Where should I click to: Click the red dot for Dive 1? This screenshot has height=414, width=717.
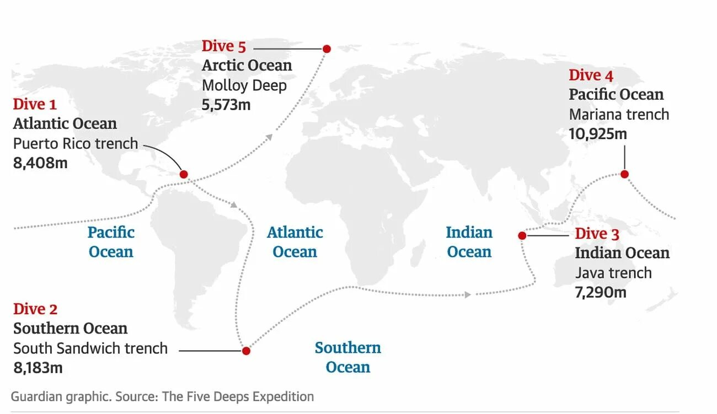(184, 174)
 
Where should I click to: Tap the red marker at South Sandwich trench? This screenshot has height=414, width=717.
(246, 351)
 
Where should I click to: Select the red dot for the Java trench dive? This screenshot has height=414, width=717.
(522, 235)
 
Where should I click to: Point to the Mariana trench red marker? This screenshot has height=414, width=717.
(624, 174)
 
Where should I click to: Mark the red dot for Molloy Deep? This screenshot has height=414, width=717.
(327, 49)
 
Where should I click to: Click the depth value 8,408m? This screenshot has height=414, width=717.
(40, 163)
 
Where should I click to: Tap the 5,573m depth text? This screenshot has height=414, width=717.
(226, 105)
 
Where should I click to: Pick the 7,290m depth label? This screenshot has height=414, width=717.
(601, 292)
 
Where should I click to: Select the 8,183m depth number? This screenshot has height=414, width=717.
(38, 368)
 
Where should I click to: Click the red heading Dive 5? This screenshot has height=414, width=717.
(223, 46)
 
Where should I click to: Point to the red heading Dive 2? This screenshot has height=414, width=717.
(35, 309)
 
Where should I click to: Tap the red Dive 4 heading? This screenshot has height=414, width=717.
(591, 75)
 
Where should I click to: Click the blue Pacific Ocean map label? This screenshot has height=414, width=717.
(111, 242)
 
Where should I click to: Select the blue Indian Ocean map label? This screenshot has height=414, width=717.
(469, 242)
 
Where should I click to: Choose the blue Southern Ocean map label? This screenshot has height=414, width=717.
(347, 357)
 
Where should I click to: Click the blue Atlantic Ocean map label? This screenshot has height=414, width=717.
(295, 242)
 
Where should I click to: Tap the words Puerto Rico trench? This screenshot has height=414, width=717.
(76, 143)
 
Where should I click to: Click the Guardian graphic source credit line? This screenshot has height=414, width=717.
(162, 396)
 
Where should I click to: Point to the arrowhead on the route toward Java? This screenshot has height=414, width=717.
(468, 294)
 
